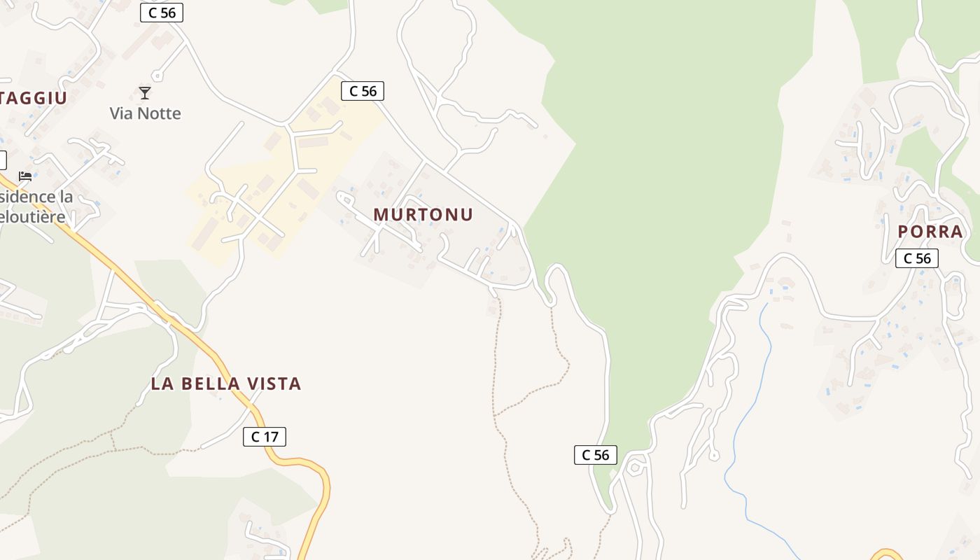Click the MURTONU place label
click(423, 214)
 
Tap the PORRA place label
click(930, 232)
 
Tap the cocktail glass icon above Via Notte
click(145, 93)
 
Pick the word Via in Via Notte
click(122, 113)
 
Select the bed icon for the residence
click(25, 176)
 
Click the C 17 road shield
click(265, 437)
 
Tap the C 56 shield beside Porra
click(917, 258)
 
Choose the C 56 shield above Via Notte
click(162, 13)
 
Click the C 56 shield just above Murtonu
click(363, 90)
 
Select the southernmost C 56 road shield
click(596, 455)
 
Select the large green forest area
click(665, 175)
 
